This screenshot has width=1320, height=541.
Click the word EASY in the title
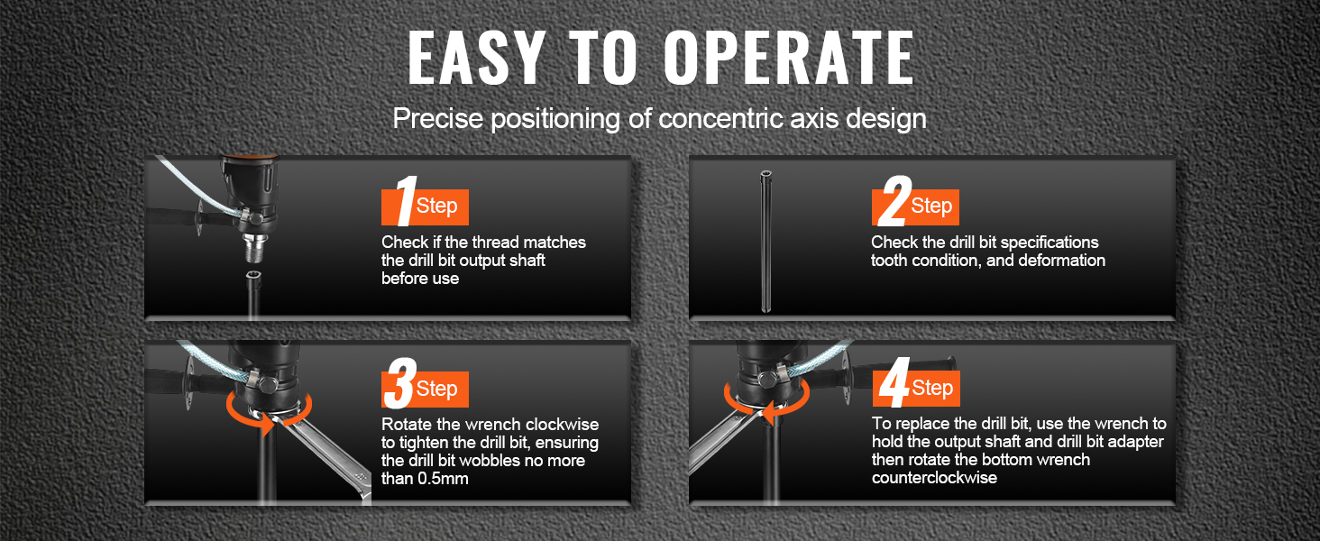point(475,57)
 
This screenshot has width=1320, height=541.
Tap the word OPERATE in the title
point(790,57)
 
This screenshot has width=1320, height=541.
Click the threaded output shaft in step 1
point(256,248)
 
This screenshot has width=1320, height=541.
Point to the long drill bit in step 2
point(765,242)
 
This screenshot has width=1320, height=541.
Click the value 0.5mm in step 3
point(443,479)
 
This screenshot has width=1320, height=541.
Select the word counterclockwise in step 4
point(934,477)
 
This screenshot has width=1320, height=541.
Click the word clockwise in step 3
point(562,425)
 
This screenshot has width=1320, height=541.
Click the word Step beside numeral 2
point(931,206)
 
